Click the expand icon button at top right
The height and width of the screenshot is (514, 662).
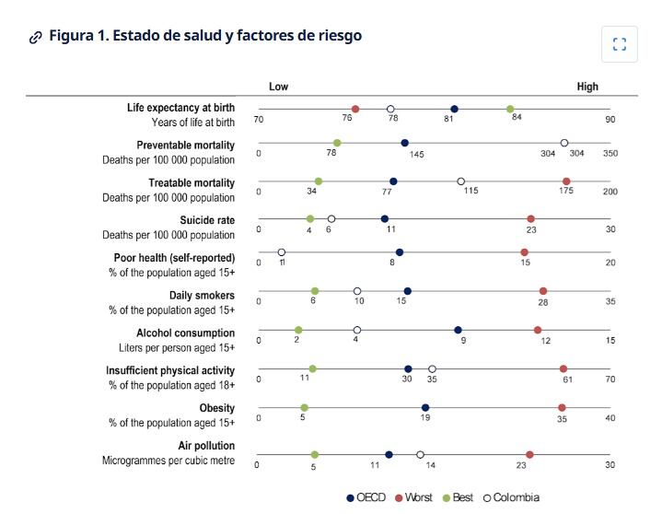(x=619, y=44)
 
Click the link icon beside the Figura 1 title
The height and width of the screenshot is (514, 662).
(x=36, y=37)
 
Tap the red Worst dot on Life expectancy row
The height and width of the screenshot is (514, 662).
(x=355, y=109)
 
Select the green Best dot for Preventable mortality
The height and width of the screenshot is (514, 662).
(x=337, y=143)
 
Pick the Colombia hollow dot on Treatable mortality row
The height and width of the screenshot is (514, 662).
(x=461, y=181)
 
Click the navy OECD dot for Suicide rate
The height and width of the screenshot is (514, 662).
(x=385, y=219)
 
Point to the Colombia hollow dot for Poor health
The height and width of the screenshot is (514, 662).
(x=282, y=252)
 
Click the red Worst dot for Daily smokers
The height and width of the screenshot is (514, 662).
(x=543, y=291)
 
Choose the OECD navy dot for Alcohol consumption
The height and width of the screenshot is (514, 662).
(x=458, y=330)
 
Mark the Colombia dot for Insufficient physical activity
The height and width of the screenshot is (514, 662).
(x=432, y=368)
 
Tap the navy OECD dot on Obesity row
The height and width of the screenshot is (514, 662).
(x=425, y=408)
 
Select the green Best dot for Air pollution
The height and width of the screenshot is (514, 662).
(x=315, y=455)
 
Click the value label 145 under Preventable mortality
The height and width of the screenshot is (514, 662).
(x=416, y=155)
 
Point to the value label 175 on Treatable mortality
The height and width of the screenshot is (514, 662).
(x=565, y=192)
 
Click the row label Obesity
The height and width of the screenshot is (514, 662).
(x=216, y=408)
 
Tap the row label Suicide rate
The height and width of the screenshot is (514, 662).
(x=207, y=220)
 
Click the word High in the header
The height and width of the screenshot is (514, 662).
(x=587, y=87)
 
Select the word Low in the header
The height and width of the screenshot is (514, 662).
(x=278, y=87)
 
